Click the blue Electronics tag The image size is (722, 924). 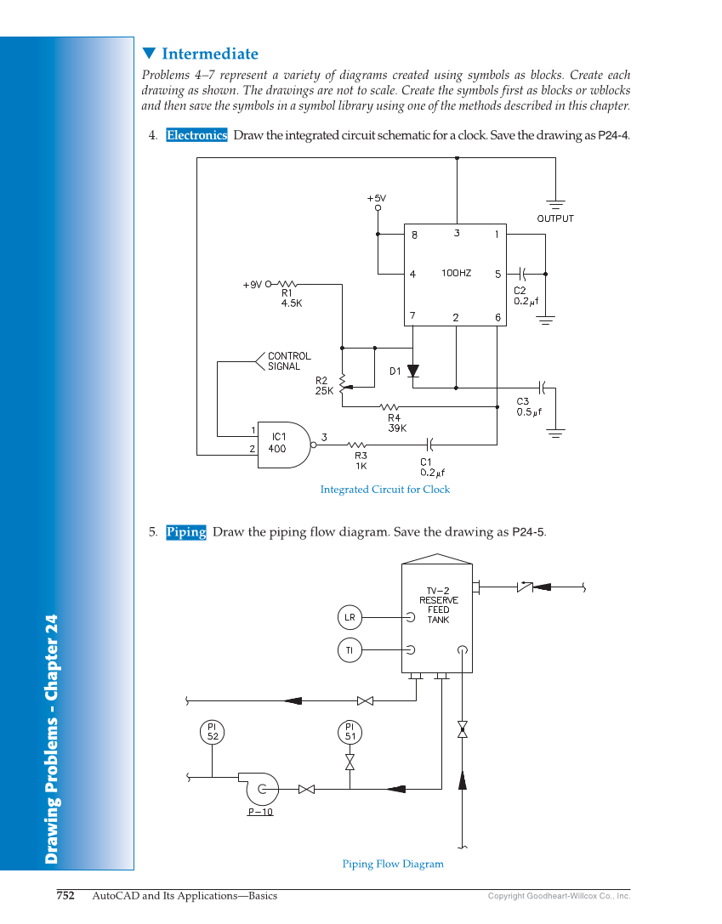pos(196,135)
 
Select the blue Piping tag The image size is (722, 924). pos(186,532)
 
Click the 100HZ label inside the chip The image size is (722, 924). pos(456,273)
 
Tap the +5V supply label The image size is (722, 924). pos(377,198)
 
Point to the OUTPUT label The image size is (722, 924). pos(555,218)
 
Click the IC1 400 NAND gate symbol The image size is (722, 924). pos(283,444)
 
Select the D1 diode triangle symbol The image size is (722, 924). pos(413,371)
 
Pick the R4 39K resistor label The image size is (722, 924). pos(396,422)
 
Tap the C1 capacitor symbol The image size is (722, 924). pos(429,444)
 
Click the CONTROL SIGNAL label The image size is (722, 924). pos(289,361)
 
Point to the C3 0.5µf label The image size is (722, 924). pos(529,406)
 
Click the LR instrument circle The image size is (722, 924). pos(350,617)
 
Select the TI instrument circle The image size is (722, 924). pos(350,650)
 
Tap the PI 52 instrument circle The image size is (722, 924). pos(213,732)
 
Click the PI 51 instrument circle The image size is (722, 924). pos(350,732)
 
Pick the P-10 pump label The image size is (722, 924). pos(260,812)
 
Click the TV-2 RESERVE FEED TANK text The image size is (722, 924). pos(438,604)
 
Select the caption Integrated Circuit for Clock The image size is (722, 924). pos(384,490)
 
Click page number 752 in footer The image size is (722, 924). pos(65,895)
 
